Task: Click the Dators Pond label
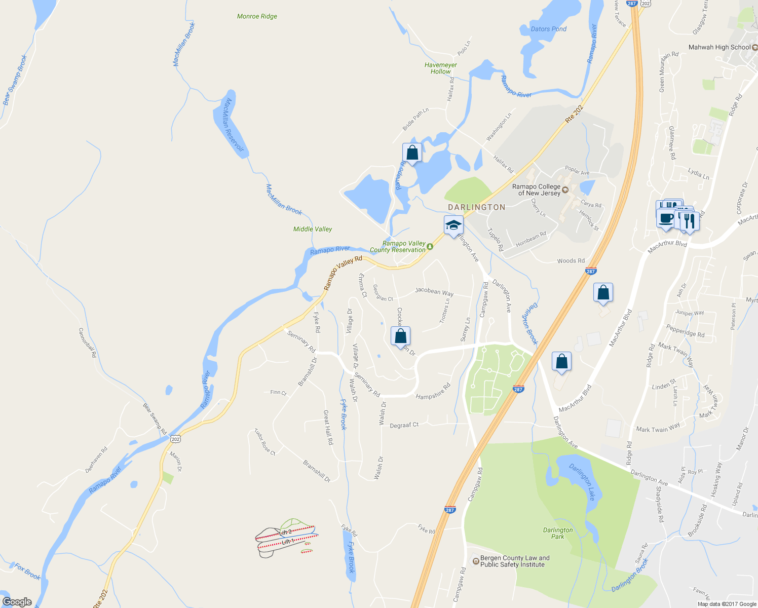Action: click(x=548, y=29)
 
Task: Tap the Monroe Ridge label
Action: click(x=257, y=16)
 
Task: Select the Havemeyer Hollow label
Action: click(x=440, y=68)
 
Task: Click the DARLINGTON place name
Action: click(x=476, y=207)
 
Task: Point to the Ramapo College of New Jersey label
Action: click(x=536, y=189)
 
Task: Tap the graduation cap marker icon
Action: click(x=453, y=225)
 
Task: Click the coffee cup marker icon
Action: click(x=666, y=218)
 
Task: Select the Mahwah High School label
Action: click(x=719, y=47)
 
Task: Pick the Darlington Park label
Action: click(x=557, y=533)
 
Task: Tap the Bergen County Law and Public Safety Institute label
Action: click(x=514, y=561)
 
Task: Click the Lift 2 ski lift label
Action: click(x=285, y=532)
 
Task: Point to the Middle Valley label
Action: click(x=313, y=229)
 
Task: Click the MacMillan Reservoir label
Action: click(x=234, y=124)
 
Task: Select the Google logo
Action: click(x=17, y=601)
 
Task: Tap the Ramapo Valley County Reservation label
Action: click(x=398, y=247)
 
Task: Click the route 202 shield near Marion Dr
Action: click(x=175, y=439)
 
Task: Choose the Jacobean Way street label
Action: click(x=434, y=291)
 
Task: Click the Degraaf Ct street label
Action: click(x=404, y=425)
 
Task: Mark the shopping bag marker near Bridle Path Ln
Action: click(x=412, y=153)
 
